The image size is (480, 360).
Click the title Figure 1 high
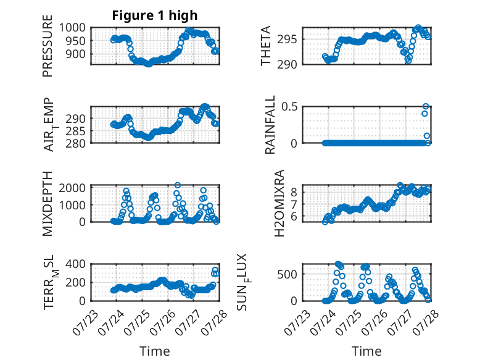point(155,15)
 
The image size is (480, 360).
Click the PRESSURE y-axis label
point(48,46)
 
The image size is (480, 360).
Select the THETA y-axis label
point(266,46)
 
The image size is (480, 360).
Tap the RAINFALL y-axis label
point(270,124)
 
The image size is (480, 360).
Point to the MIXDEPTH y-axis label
point(48,203)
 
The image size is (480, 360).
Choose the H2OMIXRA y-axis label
point(279,203)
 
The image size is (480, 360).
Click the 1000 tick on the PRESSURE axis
point(72,28)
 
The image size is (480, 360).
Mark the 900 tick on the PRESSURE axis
point(76,54)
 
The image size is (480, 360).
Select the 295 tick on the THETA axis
point(287,40)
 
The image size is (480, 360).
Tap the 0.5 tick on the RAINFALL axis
point(289,107)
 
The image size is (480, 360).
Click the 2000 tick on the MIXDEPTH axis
point(72,188)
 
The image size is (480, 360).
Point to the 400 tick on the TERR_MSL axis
point(76,264)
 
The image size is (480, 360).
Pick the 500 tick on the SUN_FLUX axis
point(287,274)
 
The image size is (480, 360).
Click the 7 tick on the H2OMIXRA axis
point(294,204)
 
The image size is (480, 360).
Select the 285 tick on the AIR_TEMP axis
point(76,131)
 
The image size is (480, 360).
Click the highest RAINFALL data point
point(426,106)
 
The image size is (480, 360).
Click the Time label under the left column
point(155,351)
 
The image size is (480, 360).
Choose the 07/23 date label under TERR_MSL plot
point(85,322)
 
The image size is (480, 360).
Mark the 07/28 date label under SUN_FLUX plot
point(426,322)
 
